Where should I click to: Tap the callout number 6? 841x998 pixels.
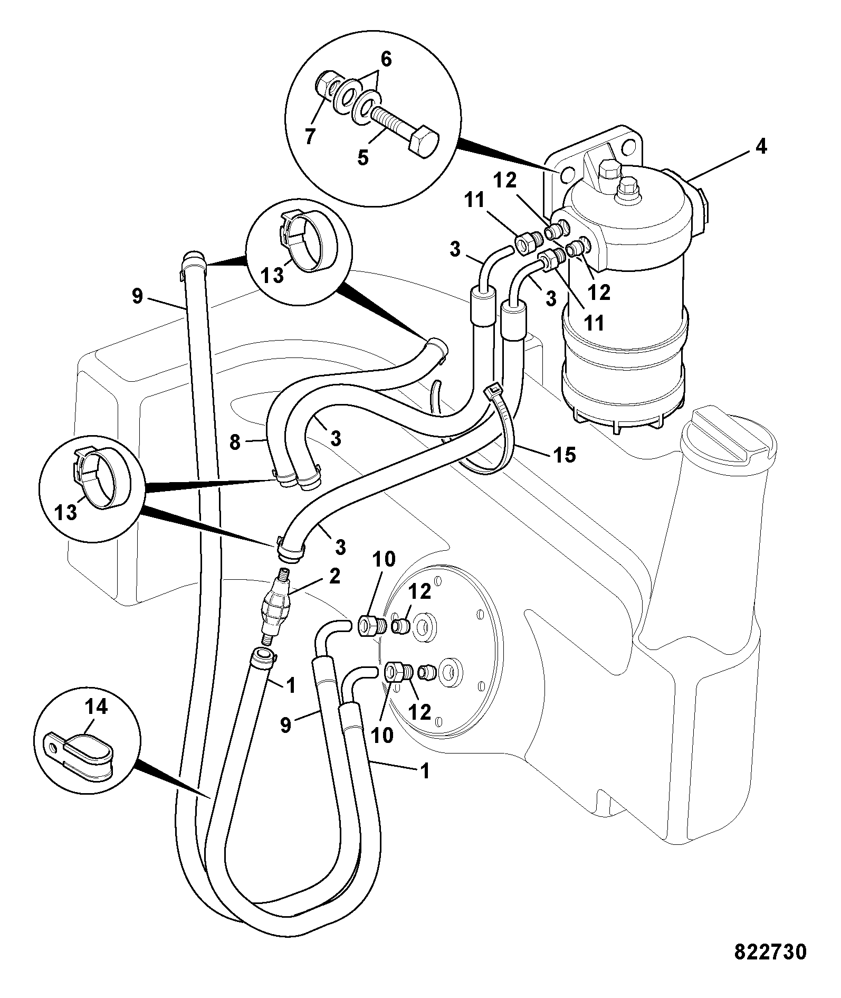pyautogui.click(x=386, y=60)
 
